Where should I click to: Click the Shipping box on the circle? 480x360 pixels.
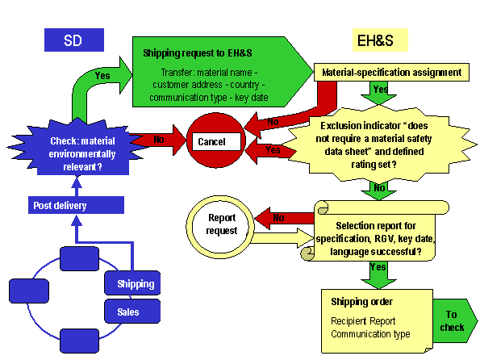pyautogui.click(x=133, y=283)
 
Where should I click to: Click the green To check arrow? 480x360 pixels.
pyautogui.click(x=452, y=320)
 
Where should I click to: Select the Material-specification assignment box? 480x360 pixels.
pyautogui.click(x=391, y=73)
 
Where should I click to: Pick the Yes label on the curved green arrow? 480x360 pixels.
pyautogui.click(x=103, y=74)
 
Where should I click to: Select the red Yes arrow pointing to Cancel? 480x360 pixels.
pyautogui.click(x=270, y=150)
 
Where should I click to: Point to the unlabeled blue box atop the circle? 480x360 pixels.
pyautogui.click(x=81, y=258)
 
